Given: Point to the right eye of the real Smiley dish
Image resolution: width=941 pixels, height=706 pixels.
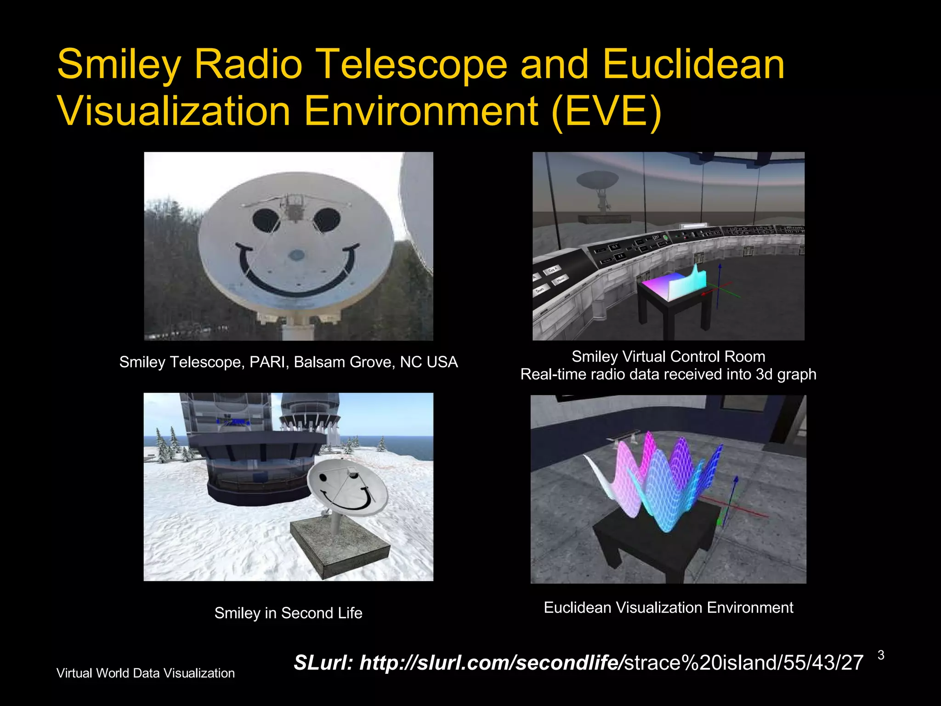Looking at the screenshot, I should tap(327, 220).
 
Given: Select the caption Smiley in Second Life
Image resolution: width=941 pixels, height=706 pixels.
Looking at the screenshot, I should tap(288, 613).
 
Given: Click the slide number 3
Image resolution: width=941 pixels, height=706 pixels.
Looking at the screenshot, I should tap(881, 655).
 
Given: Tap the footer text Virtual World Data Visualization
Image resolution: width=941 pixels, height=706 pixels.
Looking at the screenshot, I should tap(145, 673).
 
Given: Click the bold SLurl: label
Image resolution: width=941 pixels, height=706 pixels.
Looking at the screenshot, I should tap(323, 663).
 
